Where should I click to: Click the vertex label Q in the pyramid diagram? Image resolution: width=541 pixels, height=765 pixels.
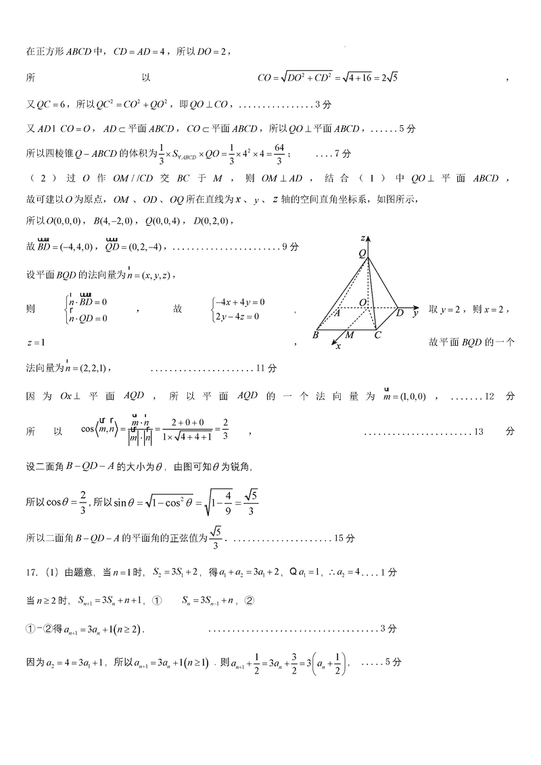point(362,253)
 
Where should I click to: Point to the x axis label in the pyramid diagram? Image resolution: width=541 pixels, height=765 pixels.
point(338,346)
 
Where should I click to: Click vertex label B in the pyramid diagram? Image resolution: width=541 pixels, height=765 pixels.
point(315,335)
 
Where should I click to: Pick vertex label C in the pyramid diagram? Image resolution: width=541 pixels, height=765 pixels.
point(377,335)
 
